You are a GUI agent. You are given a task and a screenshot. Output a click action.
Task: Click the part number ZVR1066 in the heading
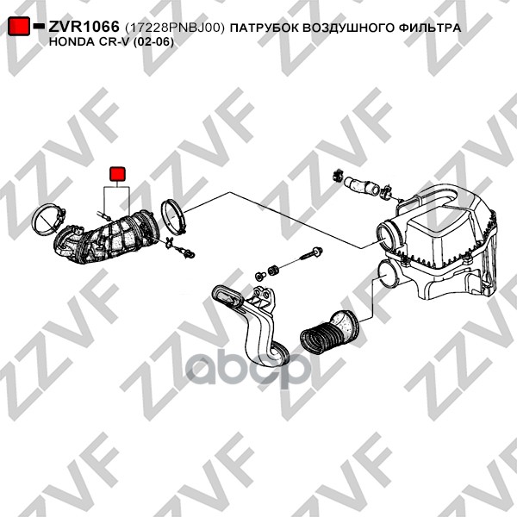(84, 27)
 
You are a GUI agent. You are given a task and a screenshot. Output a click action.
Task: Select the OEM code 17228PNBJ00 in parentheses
(175, 28)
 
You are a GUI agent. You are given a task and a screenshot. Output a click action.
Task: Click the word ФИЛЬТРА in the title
(430, 28)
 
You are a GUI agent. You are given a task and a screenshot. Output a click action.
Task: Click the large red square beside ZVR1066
(19, 26)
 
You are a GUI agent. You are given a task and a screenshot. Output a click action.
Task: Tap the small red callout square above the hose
(117, 174)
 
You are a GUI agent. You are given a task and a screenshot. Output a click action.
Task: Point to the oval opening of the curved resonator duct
(227, 296)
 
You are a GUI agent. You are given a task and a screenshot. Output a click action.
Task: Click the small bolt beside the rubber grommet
(260, 276)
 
